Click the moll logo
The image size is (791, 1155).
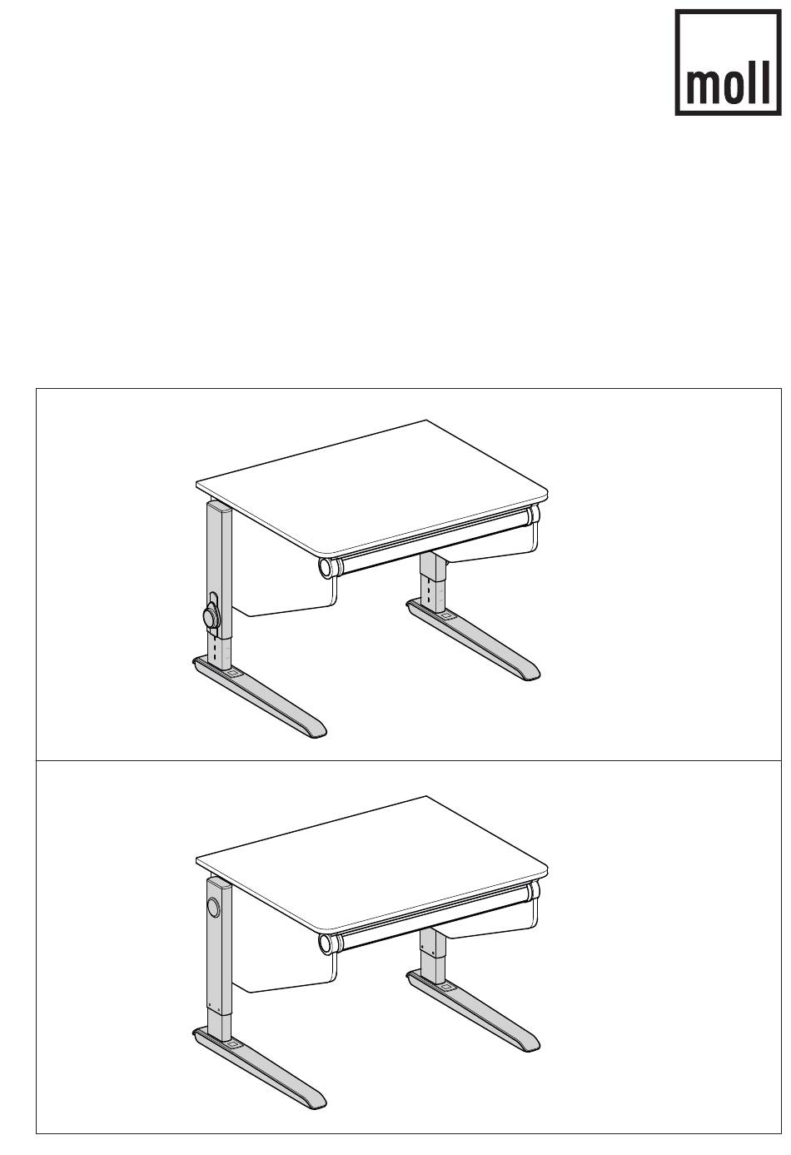point(728,62)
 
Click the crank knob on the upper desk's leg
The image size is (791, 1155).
point(211,616)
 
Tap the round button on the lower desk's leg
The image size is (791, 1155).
point(212,907)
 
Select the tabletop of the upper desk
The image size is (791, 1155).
point(371,486)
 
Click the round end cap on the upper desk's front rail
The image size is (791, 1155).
point(326,568)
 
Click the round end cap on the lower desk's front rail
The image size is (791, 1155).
point(326,943)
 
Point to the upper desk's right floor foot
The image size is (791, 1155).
point(473,640)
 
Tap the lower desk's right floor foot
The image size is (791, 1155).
point(473,1015)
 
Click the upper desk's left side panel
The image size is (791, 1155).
point(284,567)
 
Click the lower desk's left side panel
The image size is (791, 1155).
point(284,943)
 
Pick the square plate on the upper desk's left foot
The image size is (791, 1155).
point(232,674)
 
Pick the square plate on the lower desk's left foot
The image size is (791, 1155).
point(232,1050)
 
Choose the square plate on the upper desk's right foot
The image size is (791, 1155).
point(445,615)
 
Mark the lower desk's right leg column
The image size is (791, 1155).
point(433,957)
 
